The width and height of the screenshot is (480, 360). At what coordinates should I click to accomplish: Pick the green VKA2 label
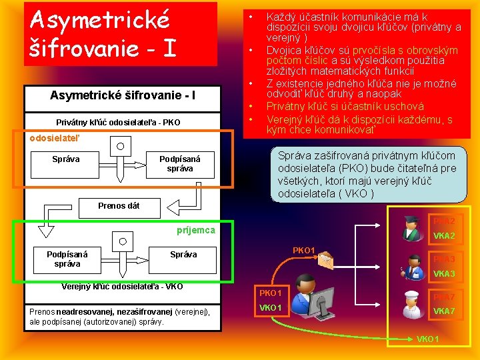tap(444, 236)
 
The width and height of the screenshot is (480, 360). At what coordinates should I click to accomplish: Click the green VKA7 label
tap(444, 311)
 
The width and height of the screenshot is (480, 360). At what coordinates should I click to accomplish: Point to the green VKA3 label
tap(444, 274)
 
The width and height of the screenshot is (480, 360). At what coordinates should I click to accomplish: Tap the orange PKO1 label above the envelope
tap(304, 250)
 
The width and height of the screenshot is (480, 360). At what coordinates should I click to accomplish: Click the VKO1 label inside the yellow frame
tap(270, 307)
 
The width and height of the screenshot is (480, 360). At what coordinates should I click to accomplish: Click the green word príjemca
tap(195, 230)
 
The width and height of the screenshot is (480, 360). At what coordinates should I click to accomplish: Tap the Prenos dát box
tap(119, 205)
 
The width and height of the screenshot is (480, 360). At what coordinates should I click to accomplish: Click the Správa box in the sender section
tap(66, 159)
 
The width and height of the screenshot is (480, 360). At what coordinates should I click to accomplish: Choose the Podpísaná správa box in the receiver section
tap(67, 259)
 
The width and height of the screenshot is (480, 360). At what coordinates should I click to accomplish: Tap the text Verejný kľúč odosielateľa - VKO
tap(122, 287)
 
